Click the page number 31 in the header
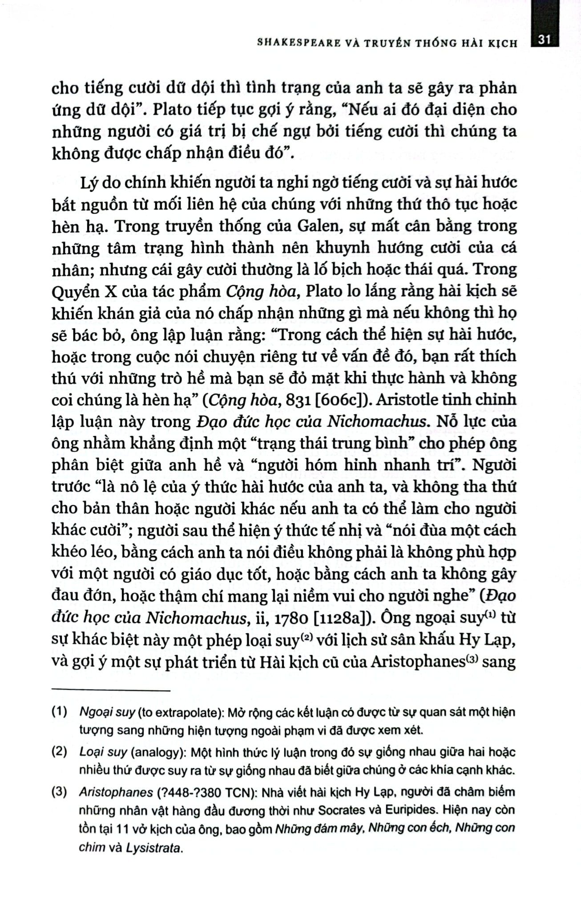(544, 40)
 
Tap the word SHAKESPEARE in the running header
(292, 43)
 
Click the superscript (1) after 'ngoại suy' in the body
(490, 615)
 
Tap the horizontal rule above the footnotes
(111, 691)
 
